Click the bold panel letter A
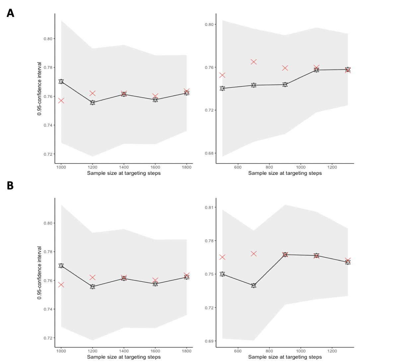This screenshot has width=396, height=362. (10, 13)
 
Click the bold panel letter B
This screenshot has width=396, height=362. (10, 185)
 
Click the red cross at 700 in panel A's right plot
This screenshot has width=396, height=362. (254, 62)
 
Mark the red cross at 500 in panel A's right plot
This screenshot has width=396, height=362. (222, 75)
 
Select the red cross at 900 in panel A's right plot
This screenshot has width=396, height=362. (285, 68)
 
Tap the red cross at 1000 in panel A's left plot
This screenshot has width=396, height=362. (61, 101)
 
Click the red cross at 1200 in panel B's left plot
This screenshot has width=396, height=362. (93, 277)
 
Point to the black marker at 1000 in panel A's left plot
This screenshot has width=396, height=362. (61, 82)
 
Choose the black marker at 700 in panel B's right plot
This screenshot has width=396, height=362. (254, 285)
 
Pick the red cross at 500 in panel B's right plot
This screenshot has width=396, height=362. (222, 257)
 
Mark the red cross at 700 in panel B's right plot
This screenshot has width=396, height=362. (254, 254)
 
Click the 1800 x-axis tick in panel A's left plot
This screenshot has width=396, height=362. (187, 167)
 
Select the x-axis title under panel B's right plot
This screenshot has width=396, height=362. (285, 357)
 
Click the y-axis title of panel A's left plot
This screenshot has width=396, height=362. (39, 89)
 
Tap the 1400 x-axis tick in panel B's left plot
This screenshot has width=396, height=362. (124, 351)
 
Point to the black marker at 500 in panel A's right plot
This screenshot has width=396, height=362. (222, 88)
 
